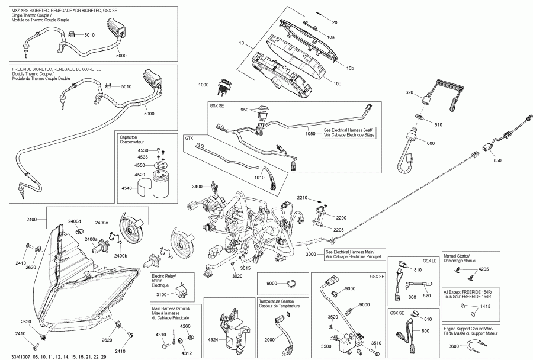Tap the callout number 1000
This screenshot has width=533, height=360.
[x=203, y=85]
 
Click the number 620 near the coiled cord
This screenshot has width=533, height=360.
[x=409, y=92]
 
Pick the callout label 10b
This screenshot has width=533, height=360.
[x=349, y=69]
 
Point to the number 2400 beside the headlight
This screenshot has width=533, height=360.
[x=31, y=220]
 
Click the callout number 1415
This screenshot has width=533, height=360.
[x=485, y=306]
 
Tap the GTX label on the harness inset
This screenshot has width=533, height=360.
[x=190, y=138]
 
